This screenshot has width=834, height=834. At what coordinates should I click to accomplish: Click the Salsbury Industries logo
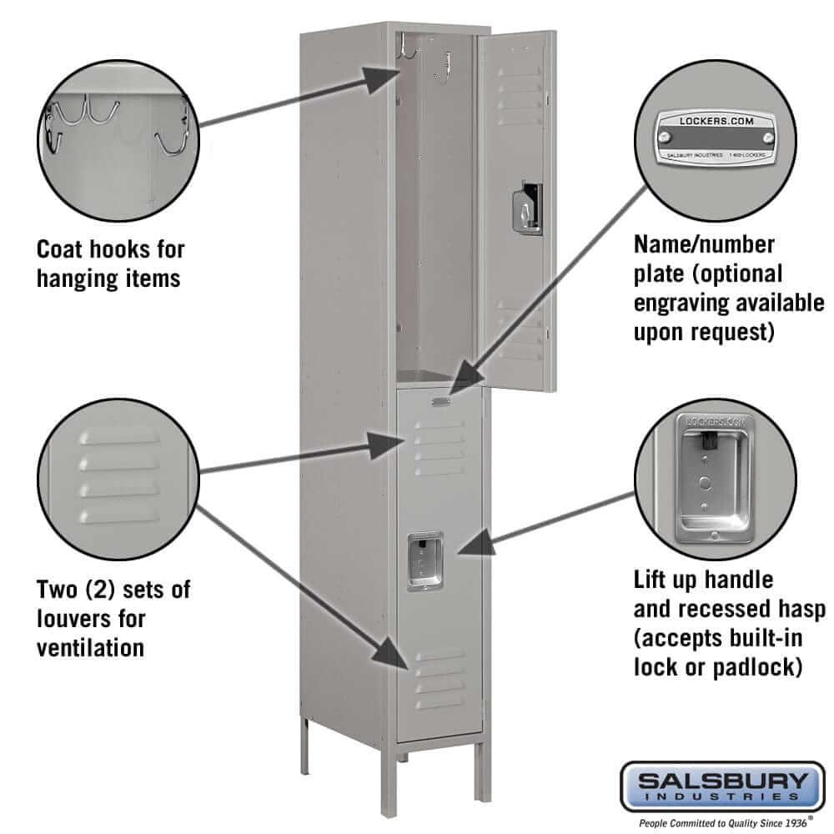tap(715, 786)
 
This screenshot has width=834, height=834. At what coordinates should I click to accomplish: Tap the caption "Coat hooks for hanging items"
tap(109, 263)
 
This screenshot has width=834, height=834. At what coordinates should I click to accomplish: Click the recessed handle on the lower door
tap(425, 561)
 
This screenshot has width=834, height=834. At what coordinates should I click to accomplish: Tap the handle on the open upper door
tap(526, 206)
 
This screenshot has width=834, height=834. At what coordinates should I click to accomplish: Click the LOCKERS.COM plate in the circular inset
tap(716, 138)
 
